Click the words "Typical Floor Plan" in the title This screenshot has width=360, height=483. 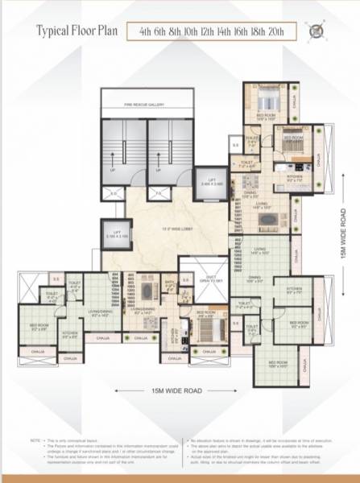coord(77,32)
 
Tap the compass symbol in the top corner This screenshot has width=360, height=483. coord(315,31)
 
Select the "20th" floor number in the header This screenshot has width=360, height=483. coord(283,32)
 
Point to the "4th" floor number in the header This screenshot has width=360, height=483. coord(146,32)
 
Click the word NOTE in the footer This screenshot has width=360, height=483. coord(35,441)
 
